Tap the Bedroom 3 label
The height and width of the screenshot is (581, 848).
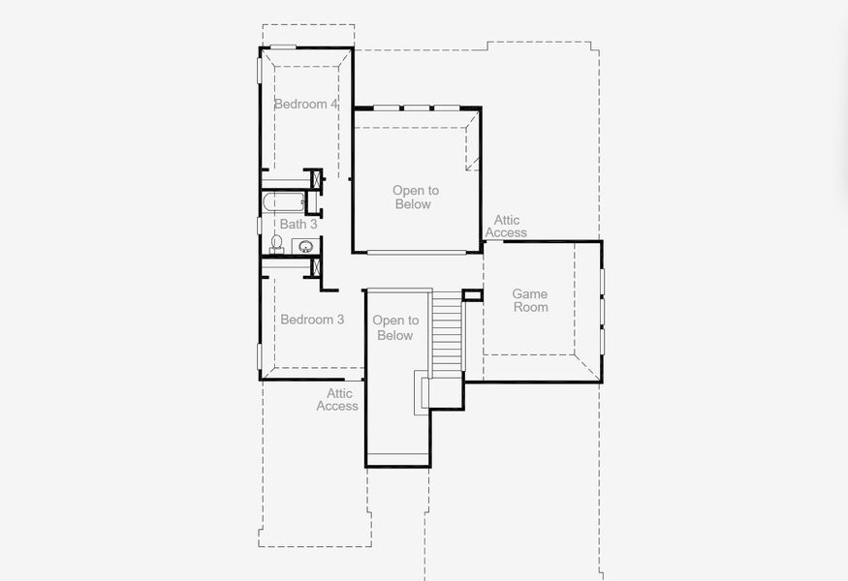312,320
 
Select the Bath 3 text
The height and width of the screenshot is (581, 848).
298,224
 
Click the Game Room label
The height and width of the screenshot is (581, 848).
530,300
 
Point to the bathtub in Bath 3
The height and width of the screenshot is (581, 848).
283,202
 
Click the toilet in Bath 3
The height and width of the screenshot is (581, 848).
275,243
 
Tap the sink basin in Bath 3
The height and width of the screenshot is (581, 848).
304,246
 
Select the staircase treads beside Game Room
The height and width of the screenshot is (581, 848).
446,334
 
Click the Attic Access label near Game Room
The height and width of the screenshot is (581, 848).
506,227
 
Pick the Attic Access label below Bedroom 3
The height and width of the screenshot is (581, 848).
338,400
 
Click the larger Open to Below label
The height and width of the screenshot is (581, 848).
415,198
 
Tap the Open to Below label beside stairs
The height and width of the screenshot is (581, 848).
395,328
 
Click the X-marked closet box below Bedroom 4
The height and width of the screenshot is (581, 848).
313,179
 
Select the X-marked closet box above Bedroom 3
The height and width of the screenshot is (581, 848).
312,267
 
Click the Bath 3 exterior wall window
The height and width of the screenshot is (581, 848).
259,225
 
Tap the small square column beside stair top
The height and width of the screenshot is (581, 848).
472,294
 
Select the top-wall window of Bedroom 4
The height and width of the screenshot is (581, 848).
283,46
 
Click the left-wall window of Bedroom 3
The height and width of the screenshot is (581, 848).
259,355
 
